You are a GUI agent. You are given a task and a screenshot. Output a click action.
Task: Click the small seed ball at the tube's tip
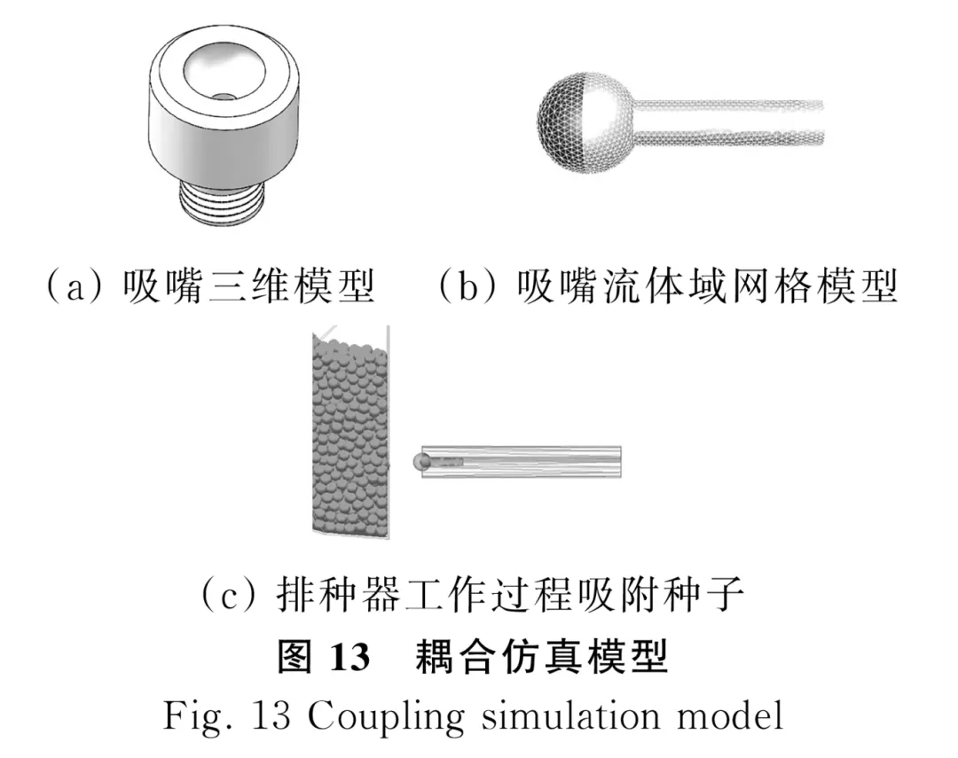click(x=421, y=461)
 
